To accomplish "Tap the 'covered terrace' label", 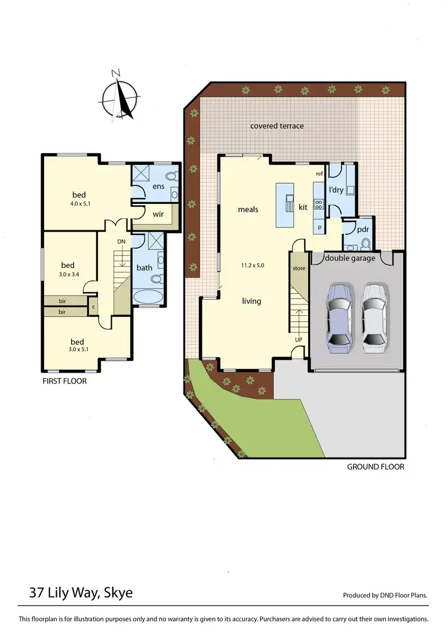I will pos(277,126).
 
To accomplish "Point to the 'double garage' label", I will pos(351,258).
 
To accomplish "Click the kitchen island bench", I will pos(286,205).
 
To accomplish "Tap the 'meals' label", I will pos(248,209).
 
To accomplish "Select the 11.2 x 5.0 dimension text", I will pos(252,265).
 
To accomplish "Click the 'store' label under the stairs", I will pos(299,269).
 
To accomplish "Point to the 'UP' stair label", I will pos(298,339).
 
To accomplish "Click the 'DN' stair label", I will pos(121,241).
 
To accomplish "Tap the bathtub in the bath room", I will pos(148,296).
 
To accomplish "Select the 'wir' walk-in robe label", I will pos(158,213).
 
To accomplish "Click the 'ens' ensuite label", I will pos(158,187).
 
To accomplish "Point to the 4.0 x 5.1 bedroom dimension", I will pos(79,204).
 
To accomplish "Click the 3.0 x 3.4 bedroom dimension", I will pos(67,275).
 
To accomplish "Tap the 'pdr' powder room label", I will pos(362,229).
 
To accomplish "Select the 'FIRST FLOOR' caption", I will pos(64,381).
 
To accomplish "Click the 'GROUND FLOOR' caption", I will pos(375,467).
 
